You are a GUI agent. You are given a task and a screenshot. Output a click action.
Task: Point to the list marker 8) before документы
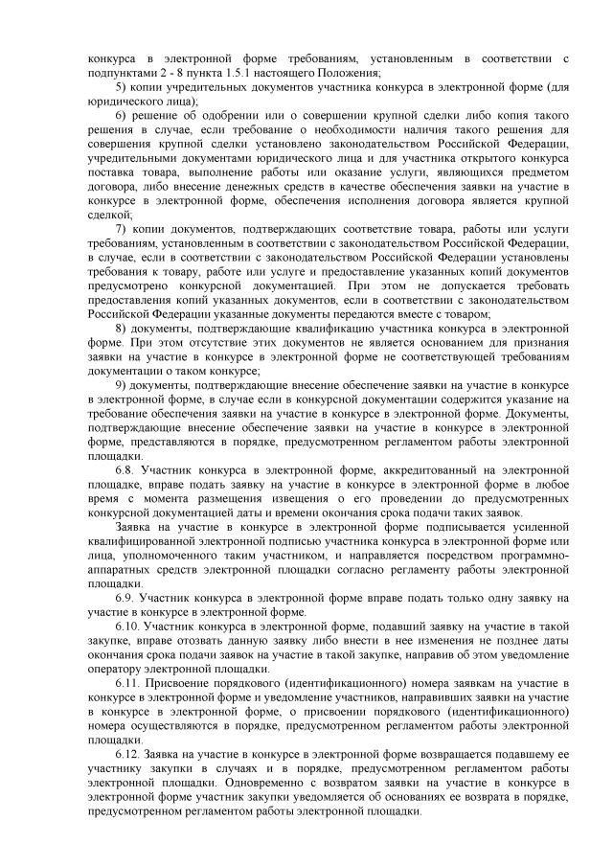pos(121,326)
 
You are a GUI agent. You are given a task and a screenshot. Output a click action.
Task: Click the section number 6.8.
pos(125,472)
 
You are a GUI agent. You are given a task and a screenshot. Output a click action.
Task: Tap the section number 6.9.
pos(125,598)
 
